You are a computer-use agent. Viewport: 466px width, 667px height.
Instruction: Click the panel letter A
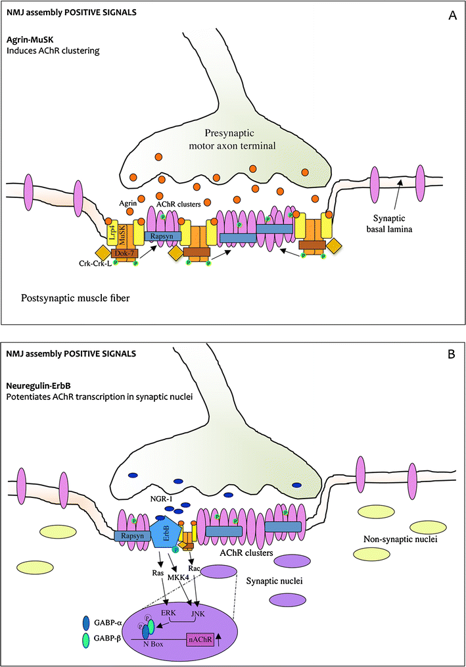point(452,15)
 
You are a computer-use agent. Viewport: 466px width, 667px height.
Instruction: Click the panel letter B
point(452,354)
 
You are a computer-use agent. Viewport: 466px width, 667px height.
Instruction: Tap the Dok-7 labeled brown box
point(125,253)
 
